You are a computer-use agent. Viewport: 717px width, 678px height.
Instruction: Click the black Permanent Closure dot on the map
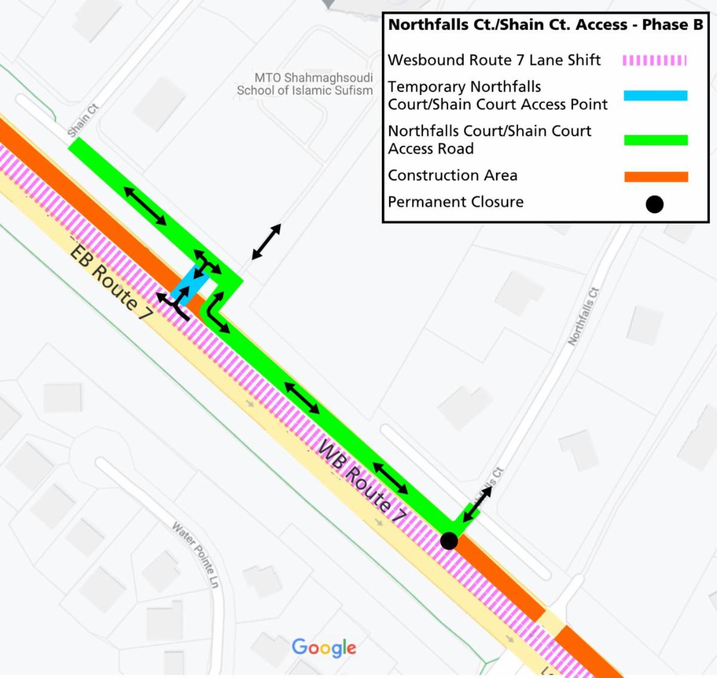click(449, 541)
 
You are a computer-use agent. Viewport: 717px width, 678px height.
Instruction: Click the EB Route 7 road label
click(111, 281)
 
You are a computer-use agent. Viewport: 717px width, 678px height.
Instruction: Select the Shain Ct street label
click(83, 120)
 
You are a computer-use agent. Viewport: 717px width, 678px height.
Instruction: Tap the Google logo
click(324, 648)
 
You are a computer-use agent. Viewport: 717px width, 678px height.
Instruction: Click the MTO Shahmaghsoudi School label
click(305, 84)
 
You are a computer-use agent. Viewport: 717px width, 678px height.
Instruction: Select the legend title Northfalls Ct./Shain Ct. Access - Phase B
click(546, 25)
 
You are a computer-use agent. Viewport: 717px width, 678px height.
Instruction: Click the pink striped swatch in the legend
click(655, 60)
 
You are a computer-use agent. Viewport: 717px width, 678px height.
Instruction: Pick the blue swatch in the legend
click(655, 96)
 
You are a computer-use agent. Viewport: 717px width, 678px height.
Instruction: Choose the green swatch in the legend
click(655, 140)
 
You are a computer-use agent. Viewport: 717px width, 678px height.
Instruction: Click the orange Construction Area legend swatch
click(655, 177)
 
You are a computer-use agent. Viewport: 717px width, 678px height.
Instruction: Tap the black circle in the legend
click(654, 204)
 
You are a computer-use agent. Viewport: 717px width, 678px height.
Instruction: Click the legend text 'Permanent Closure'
click(455, 202)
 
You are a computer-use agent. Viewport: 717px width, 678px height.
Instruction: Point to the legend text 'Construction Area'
click(452, 176)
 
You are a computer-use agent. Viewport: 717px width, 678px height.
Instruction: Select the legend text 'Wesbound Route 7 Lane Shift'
click(494, 60)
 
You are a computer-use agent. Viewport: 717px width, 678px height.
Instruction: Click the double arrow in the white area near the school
click(266, 241)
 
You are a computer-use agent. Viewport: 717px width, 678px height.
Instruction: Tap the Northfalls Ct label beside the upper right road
click(583, 317)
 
